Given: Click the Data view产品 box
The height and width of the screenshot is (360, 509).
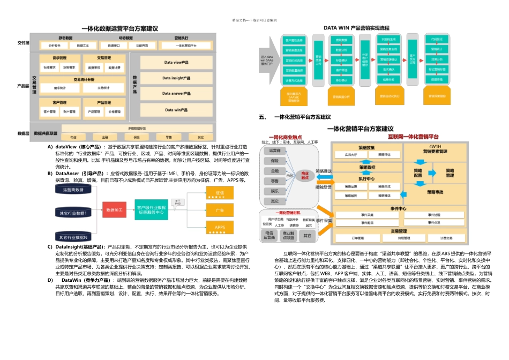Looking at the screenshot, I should pyautogui.click(x=176, y=63).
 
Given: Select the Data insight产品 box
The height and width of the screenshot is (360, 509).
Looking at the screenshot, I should pyautogui.click(x=176, y=78).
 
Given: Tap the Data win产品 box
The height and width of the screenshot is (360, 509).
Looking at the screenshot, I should pyautogui.click(x=176, y=110).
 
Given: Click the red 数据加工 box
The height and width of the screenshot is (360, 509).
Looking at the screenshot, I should pyautogui.click(x=114, y=209).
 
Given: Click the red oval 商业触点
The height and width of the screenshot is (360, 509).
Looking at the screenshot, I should pyautogui.click(x=305, y=175).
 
